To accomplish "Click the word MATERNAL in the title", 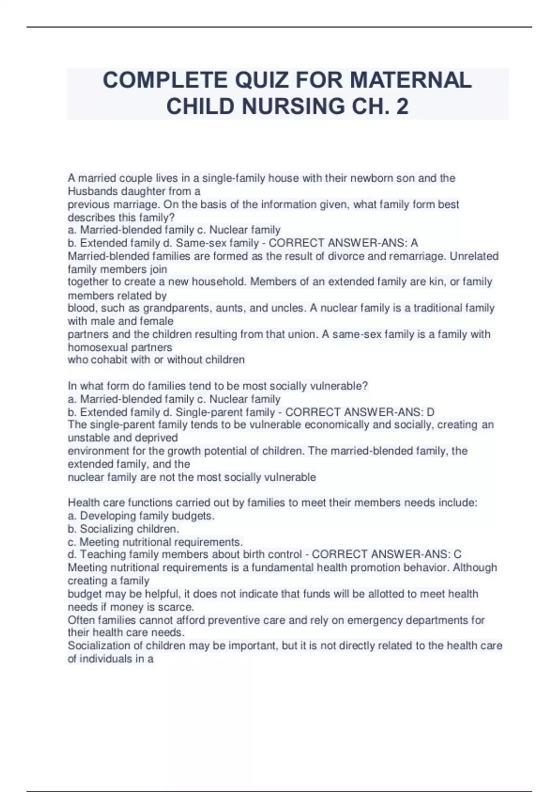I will tap(410, 80).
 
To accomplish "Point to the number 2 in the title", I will tap(402, 106).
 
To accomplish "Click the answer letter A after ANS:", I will tap(414, 243).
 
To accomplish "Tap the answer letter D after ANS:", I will tap(430, 412).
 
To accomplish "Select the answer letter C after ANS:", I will tap(457, 554).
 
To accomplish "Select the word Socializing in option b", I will tap(107, 529).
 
